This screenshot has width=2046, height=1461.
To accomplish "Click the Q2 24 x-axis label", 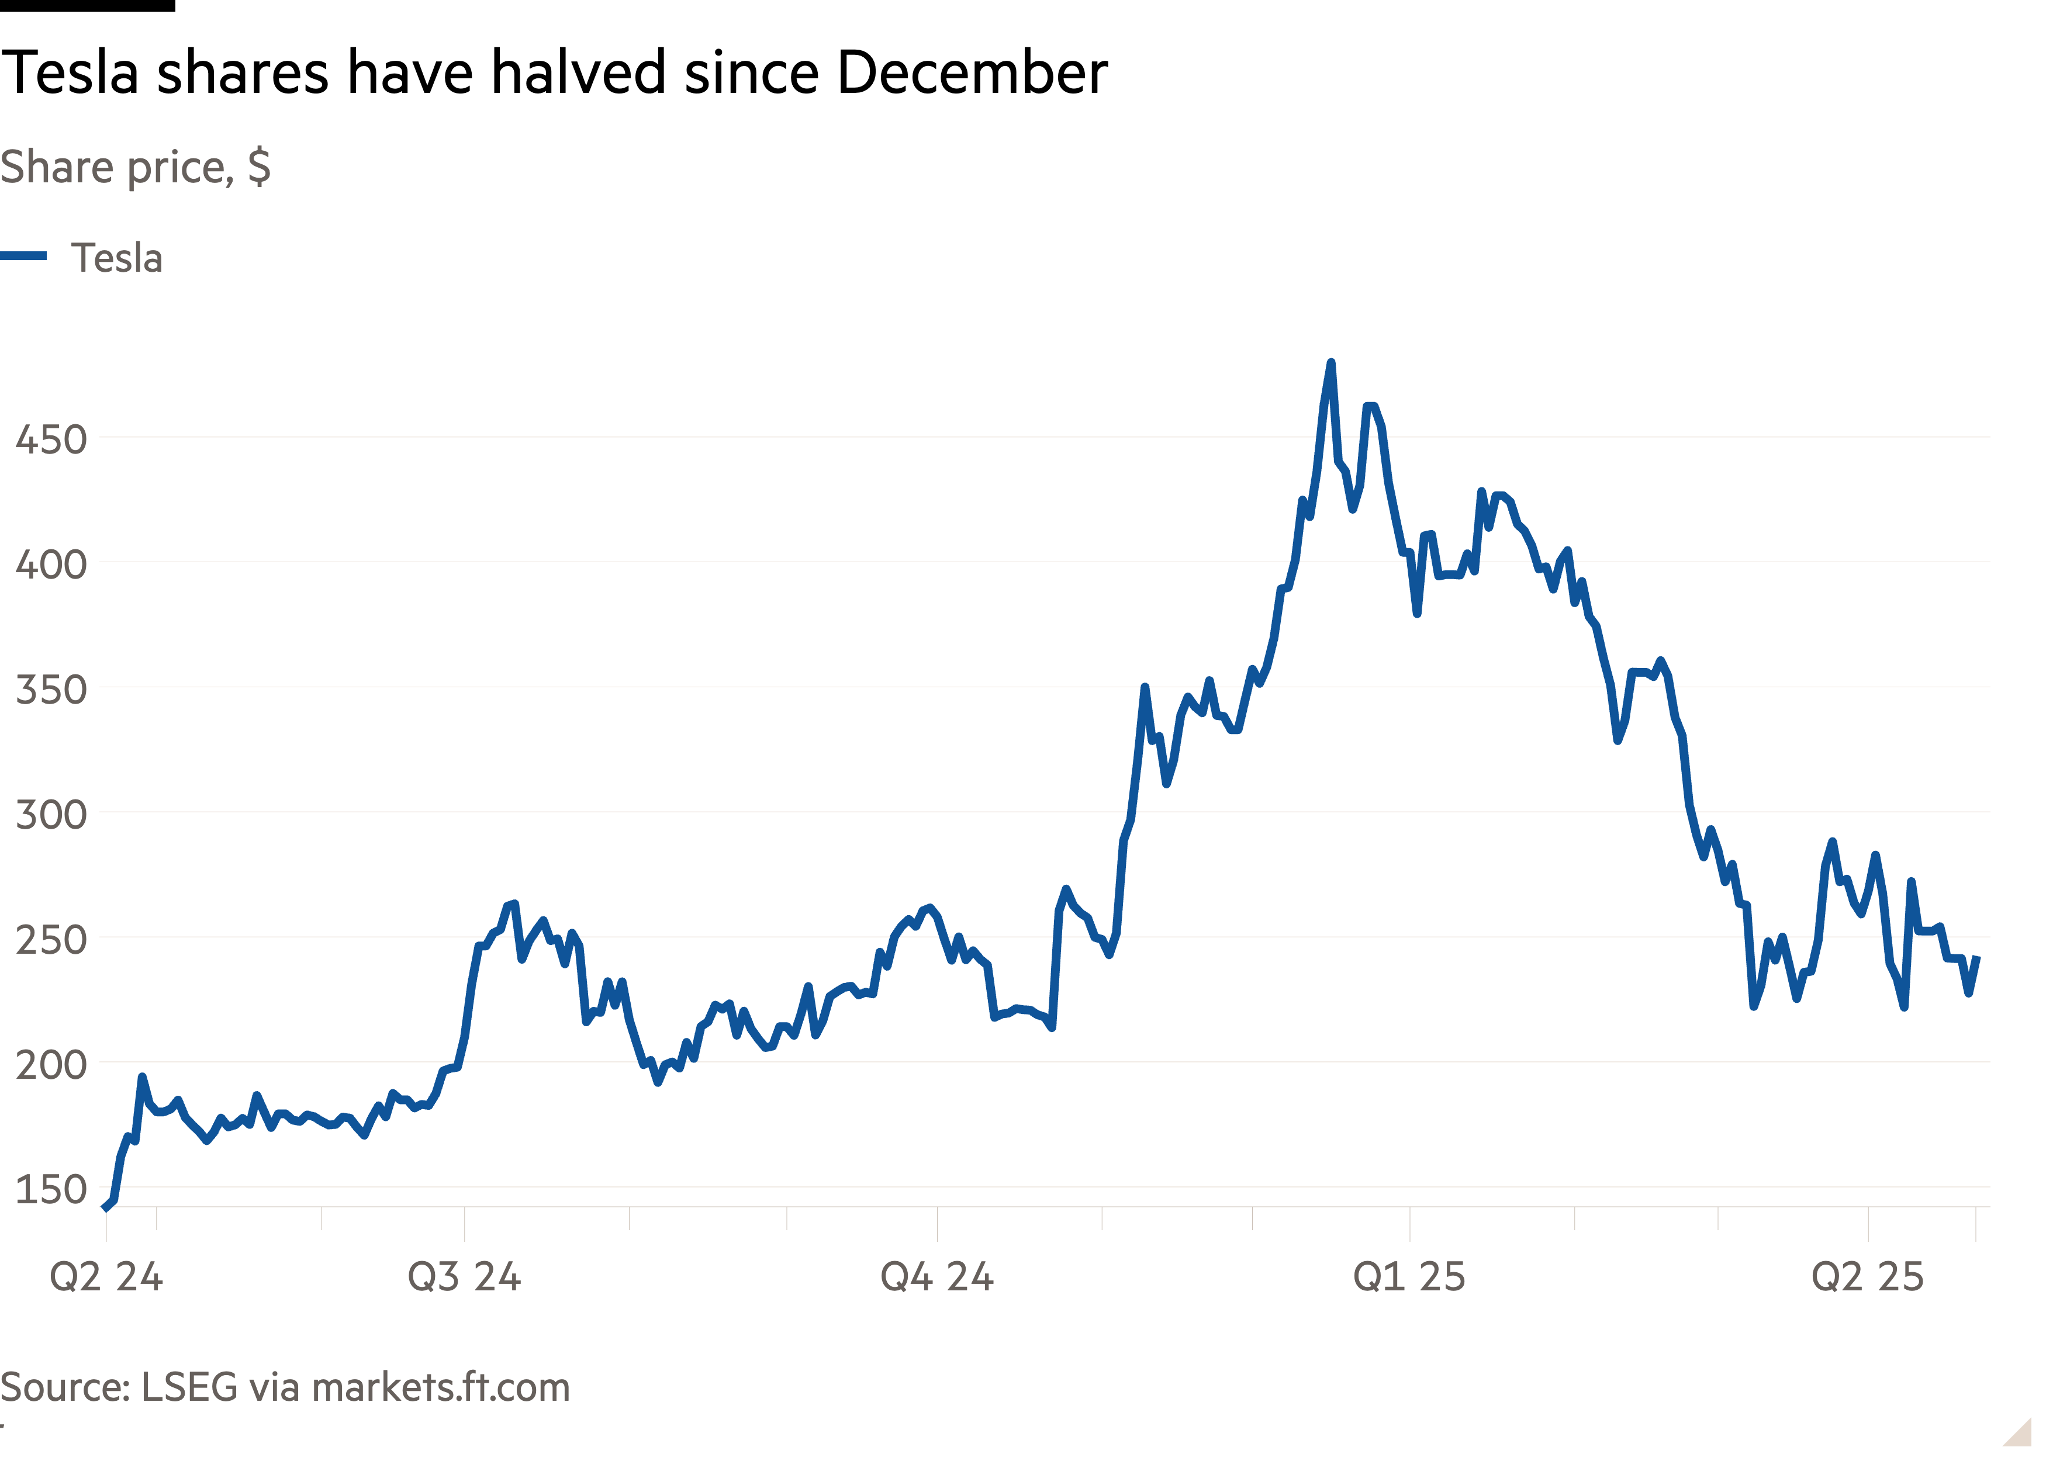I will [x=106, y=1276].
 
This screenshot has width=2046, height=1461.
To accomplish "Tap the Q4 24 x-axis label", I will [x=936, y=1276].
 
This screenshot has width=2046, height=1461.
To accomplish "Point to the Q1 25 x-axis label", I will [x=1409, y=1276].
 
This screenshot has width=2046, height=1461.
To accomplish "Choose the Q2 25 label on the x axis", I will [x=1867, y=1276].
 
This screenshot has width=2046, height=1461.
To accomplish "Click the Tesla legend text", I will [x=117, y=258].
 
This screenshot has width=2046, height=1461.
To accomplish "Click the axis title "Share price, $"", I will [x=135, y=167].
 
